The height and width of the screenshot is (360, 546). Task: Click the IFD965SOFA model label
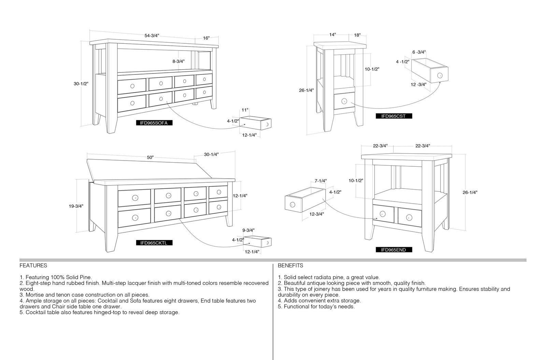pos(154,123)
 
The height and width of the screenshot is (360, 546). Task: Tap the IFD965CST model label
pos(394,116)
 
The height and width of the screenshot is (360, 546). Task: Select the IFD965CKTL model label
pos(154,243)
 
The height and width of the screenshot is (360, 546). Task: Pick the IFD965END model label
pos(394,250)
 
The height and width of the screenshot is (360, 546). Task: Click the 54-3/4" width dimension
pos(152,36)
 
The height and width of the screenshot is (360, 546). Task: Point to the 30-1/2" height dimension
pos(81,84)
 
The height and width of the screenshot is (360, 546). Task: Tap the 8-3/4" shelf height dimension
pos(178,61)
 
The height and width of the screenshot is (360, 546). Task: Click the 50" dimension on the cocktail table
pos(150,157)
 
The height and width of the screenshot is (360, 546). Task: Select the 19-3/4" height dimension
pos(76,206)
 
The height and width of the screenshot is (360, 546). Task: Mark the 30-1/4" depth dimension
pos(211,154)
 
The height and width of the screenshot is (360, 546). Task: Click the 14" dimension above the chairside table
pos(332,34)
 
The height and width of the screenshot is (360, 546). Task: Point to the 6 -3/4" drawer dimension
pos(419,52)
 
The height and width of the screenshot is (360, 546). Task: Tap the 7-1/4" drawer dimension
pos(320,181)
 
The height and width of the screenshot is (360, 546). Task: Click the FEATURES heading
pos(33,265)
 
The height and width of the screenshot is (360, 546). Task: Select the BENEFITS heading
pos(290,265)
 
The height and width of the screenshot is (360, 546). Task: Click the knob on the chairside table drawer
pos(344,101)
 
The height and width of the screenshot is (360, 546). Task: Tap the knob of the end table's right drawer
pos(409,217)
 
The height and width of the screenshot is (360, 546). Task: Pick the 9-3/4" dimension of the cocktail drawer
pos(248,230)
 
